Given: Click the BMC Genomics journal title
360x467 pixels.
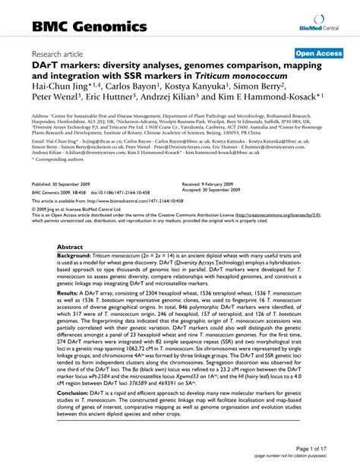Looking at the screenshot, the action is [89, 27].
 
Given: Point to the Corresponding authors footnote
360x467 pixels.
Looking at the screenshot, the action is [55, 162].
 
